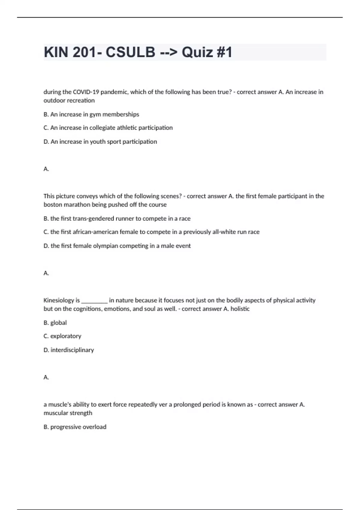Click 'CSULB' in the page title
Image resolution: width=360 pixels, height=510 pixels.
coord(130,52)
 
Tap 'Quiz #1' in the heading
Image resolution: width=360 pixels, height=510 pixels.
coord(207,52)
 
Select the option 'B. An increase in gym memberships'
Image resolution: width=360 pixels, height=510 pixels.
coord(91,114)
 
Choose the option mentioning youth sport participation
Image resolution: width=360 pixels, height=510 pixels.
coord(100,142)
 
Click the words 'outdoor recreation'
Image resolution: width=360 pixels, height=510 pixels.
coord(69,100)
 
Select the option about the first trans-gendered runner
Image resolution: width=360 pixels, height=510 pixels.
coord(117,219)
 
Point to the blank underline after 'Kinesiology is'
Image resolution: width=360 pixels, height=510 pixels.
coord(94,301)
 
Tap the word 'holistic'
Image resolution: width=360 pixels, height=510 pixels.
coord(240,309)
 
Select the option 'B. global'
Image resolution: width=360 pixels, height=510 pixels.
coord(55,323)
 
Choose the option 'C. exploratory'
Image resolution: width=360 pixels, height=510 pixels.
coord(62,336)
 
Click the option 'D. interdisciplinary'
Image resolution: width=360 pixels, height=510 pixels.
coord(69,350)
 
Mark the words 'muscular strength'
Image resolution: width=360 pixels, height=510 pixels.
coord(68,413)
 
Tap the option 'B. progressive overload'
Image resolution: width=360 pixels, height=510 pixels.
coord(75,427)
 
